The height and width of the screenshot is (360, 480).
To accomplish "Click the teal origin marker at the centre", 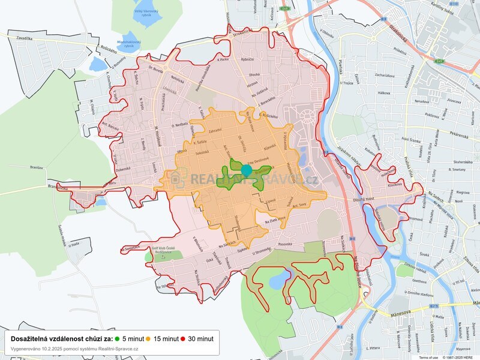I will [246, 170].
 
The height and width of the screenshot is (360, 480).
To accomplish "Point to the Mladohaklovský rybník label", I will [128, 44].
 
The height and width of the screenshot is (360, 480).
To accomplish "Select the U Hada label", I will [74, 244].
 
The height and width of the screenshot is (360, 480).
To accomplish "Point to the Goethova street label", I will [422, 281].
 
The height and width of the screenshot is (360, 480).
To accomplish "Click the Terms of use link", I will [428, 358].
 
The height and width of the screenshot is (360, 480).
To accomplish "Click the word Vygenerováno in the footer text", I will [26, 349].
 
